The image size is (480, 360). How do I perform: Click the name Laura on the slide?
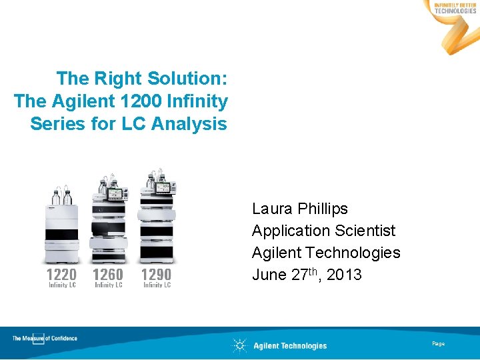coord(271,209)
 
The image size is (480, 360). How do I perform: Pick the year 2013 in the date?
coord(345,275)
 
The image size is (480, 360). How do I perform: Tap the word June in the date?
coord(269,275)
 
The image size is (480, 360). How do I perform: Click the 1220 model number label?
coord(61,274)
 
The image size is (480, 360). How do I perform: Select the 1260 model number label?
coord(108,274)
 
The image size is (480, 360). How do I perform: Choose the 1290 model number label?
coord(157,274)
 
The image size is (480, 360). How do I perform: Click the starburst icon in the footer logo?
coord(239,345)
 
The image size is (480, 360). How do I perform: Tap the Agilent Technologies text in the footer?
coord(290,345)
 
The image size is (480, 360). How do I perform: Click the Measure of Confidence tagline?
coord(45,339)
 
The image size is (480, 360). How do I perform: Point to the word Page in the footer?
coord(438,343)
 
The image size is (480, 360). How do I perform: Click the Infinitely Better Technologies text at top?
coord(455,8)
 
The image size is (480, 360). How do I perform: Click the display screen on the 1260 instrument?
coord(117,194)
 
